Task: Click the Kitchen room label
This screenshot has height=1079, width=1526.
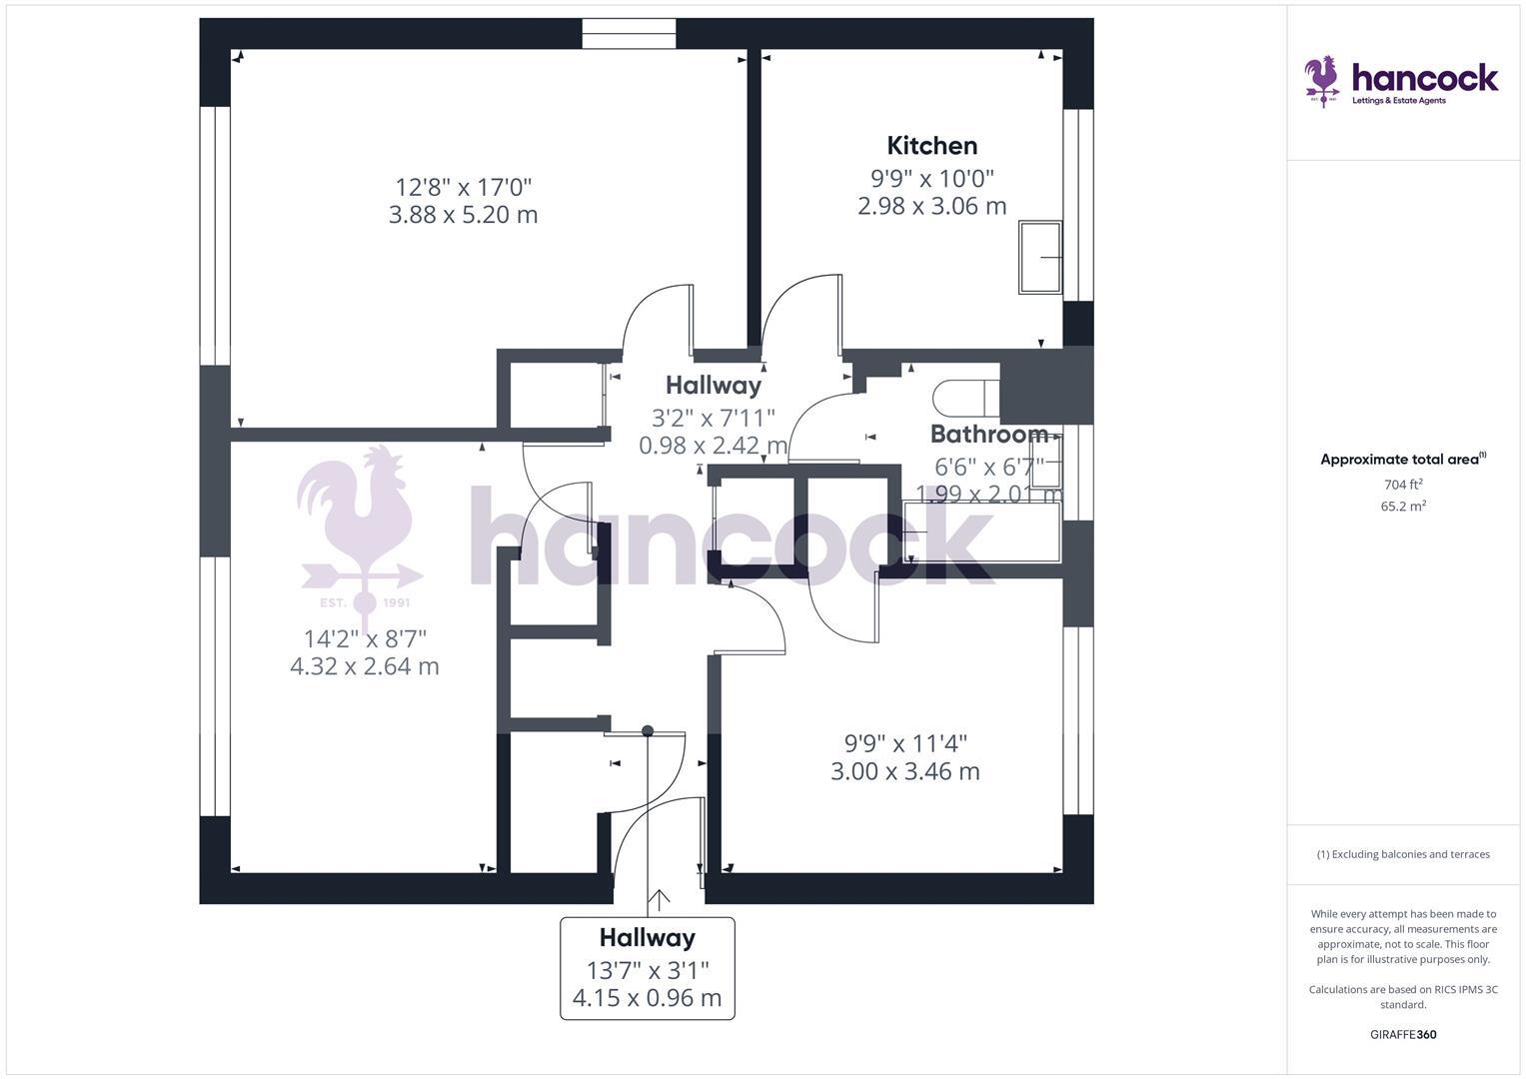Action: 931,146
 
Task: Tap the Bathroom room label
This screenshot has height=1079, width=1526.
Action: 988,435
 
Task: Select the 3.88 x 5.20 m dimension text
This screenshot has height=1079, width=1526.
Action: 463,215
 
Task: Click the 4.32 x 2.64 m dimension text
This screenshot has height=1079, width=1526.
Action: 364,666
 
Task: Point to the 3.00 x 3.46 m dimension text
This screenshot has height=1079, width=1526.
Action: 904,771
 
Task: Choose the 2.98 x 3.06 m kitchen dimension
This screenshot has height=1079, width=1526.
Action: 931,206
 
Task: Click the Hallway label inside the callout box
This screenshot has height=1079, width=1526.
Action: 647,938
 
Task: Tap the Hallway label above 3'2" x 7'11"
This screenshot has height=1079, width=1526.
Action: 713,386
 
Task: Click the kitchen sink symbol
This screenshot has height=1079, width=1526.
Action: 1040,258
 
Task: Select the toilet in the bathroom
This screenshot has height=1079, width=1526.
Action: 964,399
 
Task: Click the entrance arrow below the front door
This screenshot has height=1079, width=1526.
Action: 659,901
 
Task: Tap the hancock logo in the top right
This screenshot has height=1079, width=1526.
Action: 1401,81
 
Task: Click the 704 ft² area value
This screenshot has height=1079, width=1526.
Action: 1403,485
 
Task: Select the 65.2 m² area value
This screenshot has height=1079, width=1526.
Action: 1403,507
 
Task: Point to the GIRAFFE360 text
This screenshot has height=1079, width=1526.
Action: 1403,1035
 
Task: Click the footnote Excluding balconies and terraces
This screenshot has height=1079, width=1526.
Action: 1403,854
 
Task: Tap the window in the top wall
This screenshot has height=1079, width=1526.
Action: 629,34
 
